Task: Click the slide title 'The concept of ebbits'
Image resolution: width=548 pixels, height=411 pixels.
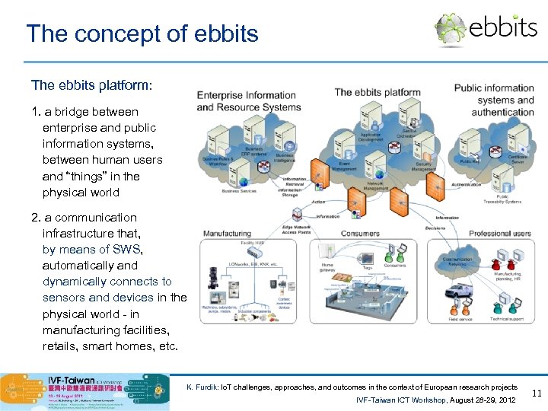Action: pyautogui.click(x=142, y=33)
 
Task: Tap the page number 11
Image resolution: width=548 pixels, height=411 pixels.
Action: pyautogui.click(x=536, y=393)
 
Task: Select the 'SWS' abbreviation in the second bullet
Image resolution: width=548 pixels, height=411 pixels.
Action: pyautogui.click(x=127, y=250)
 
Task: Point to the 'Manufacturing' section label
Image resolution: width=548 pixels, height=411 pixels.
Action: pyautogui.click(x=226, y=233)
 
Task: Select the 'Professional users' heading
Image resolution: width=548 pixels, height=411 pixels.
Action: pyautogui.click(x=499, y=233)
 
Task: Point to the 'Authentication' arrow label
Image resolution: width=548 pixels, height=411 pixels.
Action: pyautogui.click(x=466, y=184)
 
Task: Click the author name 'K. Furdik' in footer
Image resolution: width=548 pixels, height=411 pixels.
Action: pyautogui.click(x=200, y=387)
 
